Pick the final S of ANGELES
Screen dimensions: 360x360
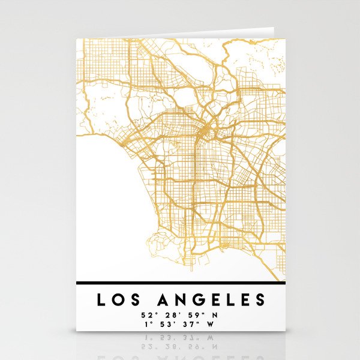(x=259, y=299)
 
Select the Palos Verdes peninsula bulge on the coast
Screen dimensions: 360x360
(x=160, y=242)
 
